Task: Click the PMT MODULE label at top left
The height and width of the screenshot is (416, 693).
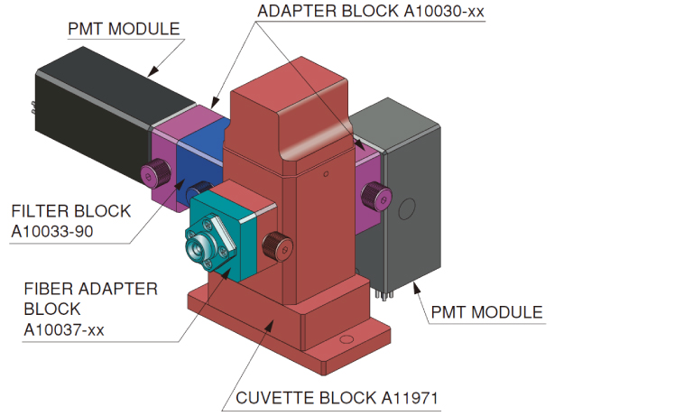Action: pyautogui.click(x=124, y=29)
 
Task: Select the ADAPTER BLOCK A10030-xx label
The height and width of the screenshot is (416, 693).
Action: pyautogui.click(x=371, y=12)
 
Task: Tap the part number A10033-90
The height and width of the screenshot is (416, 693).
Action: pyautogui.click(x=61, y=232)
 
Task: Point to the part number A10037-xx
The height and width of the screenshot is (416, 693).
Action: pyautogui.click(x=64, y=329)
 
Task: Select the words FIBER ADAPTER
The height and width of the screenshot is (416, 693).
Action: pyautogui.click(x=90, y=290)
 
